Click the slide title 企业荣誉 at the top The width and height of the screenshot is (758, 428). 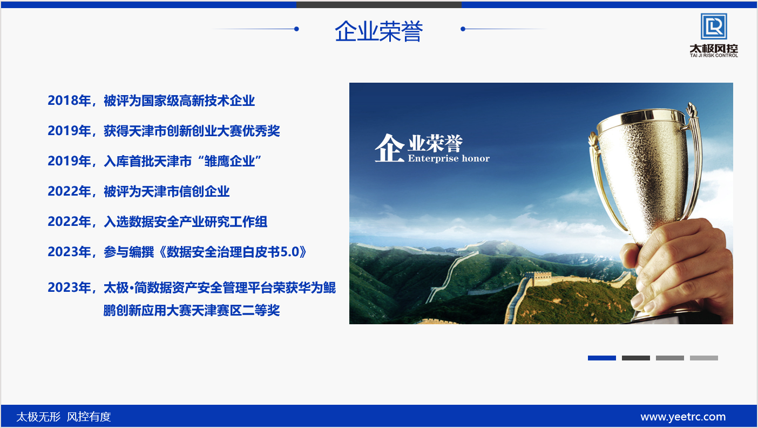(x=378, y=31)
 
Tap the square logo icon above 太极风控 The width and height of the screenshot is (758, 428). (x=714, y=26)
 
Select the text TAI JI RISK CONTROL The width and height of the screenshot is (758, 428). (x=714, y=56)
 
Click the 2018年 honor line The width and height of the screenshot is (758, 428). (x=151, y=101)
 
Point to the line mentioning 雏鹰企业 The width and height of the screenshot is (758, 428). (x=154, y=161)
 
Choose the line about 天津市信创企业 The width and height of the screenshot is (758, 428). (x=138, y=191)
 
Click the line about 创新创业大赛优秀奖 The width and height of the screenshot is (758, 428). (x=164, y=131)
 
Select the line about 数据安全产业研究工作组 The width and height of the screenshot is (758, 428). (x=157, y=222)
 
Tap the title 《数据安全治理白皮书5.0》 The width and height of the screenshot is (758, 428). (x=233, y=252)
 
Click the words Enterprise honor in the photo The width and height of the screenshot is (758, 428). (x=449, y=158)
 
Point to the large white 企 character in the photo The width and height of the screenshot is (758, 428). (x=389, y=148)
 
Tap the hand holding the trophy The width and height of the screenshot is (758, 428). (x=673, y=267)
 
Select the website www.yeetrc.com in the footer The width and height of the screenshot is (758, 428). (x=683, y=417)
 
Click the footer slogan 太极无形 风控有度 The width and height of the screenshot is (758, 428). (x=64, y=417)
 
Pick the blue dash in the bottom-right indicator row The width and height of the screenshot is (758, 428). (x=601, y=358)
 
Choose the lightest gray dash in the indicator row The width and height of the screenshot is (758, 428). (x=704, y=358)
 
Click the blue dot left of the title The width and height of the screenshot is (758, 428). (x=296, y=29)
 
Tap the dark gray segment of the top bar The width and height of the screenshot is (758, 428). (x=379, y=5)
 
